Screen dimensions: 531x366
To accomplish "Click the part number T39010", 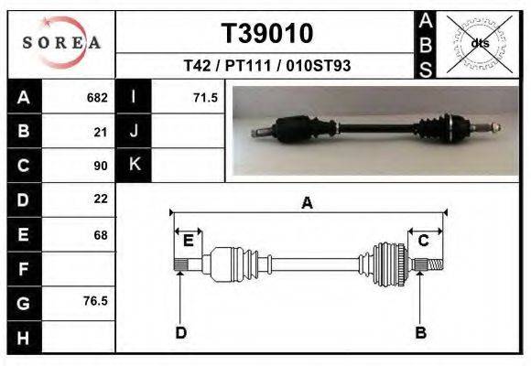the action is pos(267,34).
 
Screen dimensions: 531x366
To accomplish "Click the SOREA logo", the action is pos(61,43).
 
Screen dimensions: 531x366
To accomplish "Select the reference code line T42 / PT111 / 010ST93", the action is pos(266,66).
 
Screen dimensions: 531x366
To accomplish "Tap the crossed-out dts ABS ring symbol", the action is pos(479,44).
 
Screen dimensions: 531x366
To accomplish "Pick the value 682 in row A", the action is pos(97,98).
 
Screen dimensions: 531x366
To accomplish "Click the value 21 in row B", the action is pos(101,132).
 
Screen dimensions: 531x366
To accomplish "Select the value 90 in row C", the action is pos(101,166).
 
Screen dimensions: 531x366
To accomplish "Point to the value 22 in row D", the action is pos(101,199).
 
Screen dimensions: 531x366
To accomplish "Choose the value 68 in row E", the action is pos(101,235).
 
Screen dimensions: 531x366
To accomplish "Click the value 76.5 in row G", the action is pos(95,301).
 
